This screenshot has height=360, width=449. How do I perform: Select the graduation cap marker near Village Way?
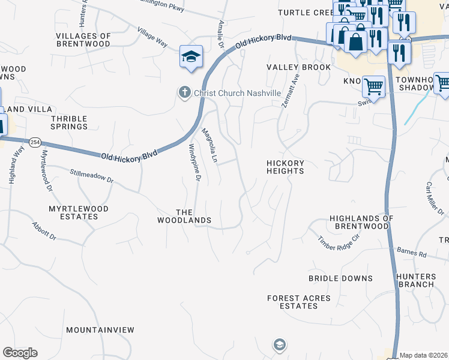pos(191,58)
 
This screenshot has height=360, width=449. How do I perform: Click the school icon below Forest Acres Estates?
pos(279,344)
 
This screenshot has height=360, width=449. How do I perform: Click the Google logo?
pos(20,353)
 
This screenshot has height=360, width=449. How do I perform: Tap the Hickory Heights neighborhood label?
pos(286,167)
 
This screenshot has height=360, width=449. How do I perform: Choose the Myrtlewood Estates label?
pos(79,212)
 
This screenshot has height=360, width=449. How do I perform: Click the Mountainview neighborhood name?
pos(100,330)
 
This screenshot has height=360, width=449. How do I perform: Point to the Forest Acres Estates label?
pos(299,302)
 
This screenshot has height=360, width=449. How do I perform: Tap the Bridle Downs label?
pos(340,278)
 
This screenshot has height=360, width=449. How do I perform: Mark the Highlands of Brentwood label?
pos(361,222)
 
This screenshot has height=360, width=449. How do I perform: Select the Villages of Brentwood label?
pos(83,40)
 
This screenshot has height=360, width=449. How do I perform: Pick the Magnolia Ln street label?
pos(209,145)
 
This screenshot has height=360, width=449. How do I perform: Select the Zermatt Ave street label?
pos(289,91)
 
